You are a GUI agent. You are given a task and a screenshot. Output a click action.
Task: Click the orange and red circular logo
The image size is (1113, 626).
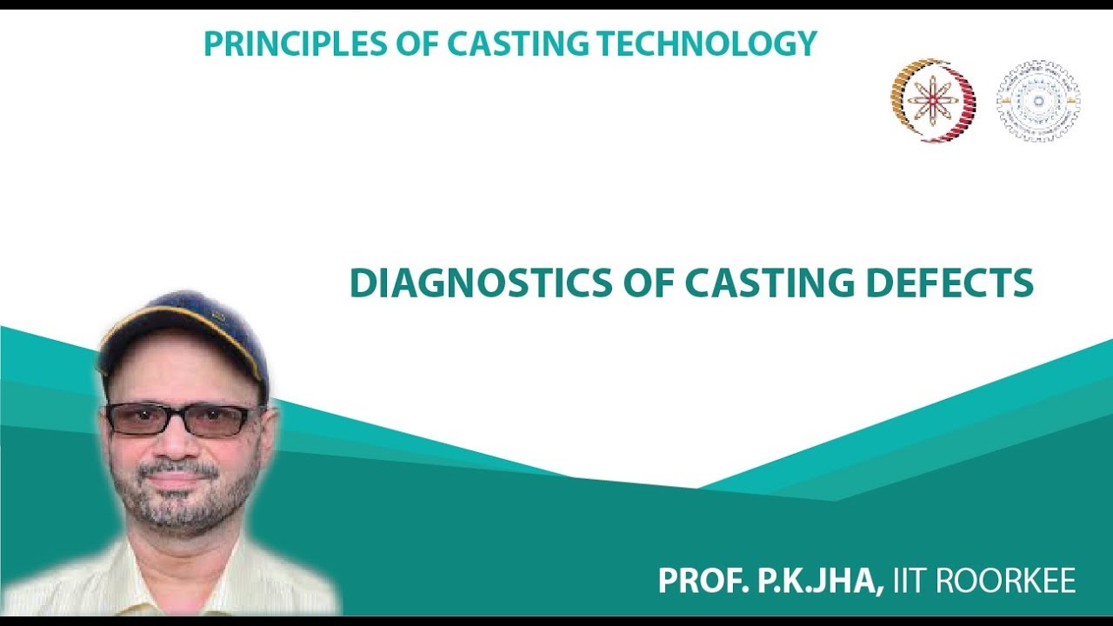(932, 100)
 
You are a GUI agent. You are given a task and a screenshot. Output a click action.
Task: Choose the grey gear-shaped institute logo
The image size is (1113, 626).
(1037, 101)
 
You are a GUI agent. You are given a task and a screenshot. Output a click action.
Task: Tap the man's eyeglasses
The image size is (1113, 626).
(184, 420)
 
